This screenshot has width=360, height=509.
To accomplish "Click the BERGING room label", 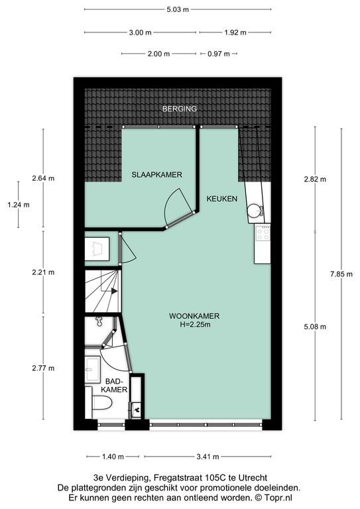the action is pos(180,109).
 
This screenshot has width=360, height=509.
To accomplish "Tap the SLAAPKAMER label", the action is pos(156,175).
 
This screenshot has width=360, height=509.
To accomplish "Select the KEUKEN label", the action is pos(222,199).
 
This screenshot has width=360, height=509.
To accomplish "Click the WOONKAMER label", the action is pos(194,316).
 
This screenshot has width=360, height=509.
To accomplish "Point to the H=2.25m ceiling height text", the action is pos(195,324).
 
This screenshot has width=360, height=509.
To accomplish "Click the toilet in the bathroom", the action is pos(101,402).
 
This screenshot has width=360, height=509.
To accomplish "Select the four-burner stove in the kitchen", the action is pos(263,233).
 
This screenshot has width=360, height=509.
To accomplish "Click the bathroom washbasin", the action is pos(93,368).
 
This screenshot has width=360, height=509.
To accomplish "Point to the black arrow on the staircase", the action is pos(114,291).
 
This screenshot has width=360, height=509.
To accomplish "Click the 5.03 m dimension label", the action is pos(178,9).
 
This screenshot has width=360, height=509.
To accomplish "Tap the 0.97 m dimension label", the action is pos(219,54).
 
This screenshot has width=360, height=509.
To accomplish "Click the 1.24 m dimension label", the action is pos(19,205).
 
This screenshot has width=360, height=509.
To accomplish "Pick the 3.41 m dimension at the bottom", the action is pos(208,457).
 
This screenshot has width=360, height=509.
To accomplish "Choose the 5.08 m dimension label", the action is pos(315,327).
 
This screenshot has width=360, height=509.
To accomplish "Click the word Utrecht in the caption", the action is pos(253,477).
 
